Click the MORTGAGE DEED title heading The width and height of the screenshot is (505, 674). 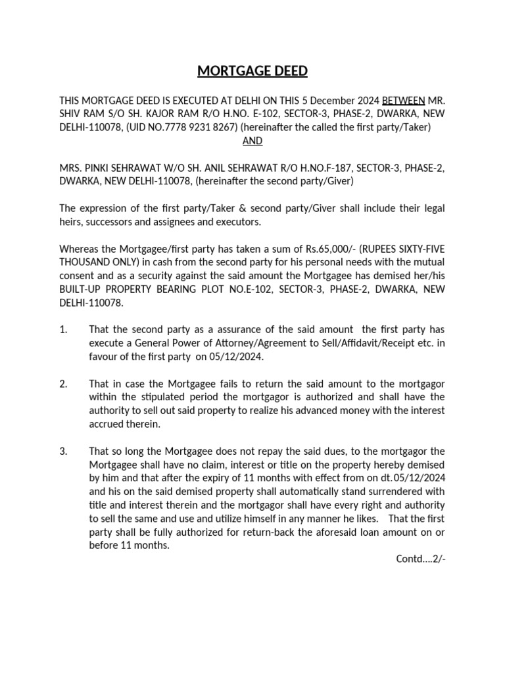pos(252,70)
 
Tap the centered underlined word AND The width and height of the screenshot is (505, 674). pos(252,141)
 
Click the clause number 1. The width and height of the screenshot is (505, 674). pos(63,329)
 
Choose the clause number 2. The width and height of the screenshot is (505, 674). pos(63,384)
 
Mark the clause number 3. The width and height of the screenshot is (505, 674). pos(63,451)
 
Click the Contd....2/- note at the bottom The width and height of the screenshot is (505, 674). pos(420,559)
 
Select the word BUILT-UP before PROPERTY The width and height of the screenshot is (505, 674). pos(84,289)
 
